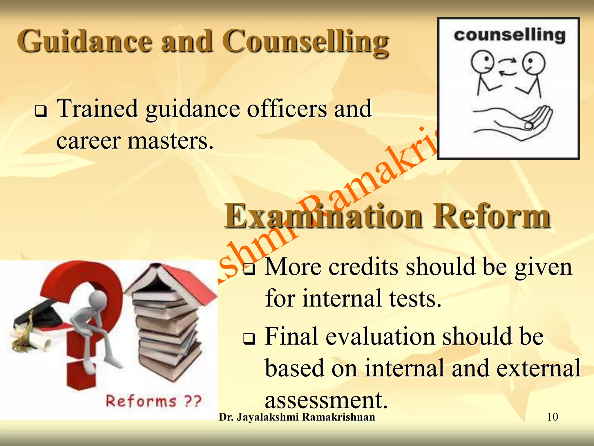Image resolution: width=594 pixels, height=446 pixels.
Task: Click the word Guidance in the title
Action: pyautogui.click(x=84, y=41)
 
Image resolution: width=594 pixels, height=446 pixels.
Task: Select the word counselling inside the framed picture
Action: pyautogui.click(x=510, y=35)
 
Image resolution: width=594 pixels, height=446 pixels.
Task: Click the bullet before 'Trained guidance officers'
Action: pyautogui.click(x=41, y=111)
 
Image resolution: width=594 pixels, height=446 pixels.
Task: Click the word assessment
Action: pyautogui.click(x=326, y=400)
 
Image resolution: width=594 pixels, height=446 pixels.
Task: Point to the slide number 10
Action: pyautogui.click(x=552, y=417)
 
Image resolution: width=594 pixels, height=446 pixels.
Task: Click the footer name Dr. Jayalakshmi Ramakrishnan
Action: pyautogui.click(x=297, y=417)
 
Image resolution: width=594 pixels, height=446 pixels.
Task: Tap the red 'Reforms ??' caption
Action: pyautogui.click(x=153, y=401)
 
